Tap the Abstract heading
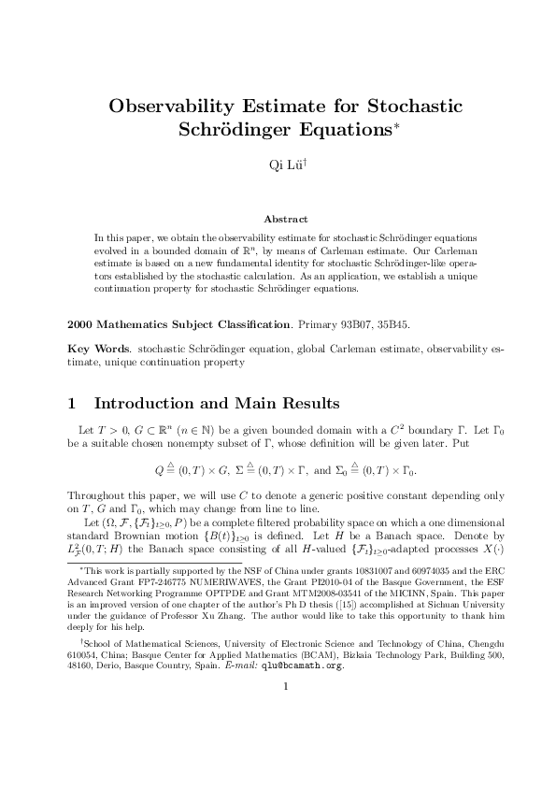278,219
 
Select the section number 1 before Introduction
74,405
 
